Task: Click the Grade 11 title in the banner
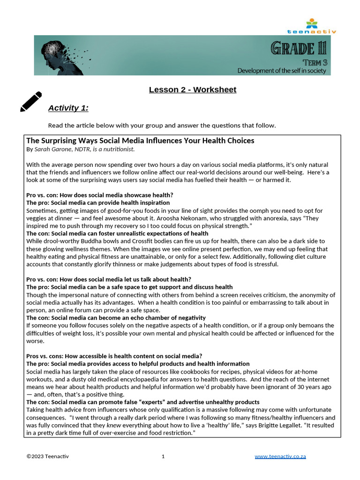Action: [298, 48]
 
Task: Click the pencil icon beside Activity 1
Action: [31, 102]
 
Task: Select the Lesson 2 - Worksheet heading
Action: [193, 90]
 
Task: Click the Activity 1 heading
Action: [68, 108]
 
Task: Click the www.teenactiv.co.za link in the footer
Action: [280, 456]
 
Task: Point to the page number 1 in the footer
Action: [163, 456]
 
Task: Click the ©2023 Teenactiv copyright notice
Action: [47, 456]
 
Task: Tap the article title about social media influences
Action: [140, 141]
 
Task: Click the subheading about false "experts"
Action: [142, 402]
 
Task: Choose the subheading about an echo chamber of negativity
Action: [116, 318]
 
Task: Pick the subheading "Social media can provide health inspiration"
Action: [98, 203]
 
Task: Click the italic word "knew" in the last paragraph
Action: [112, 425]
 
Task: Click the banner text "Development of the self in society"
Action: [281, 70]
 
